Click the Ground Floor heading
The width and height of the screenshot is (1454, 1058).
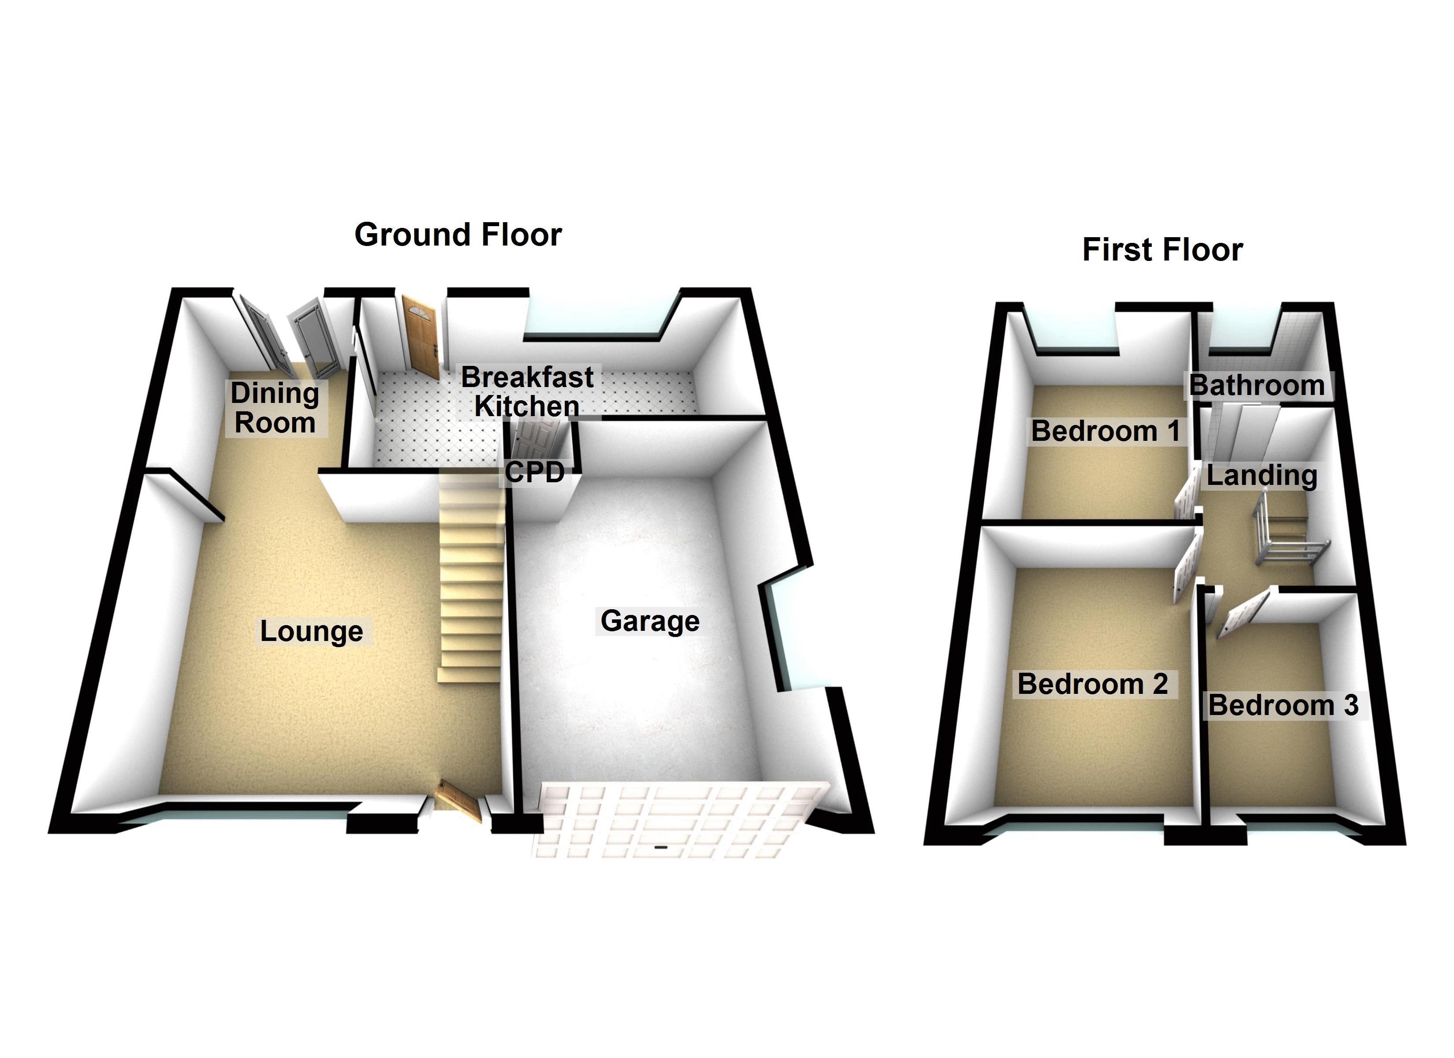(x=458, y=235)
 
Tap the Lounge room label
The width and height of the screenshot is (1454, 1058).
(x=312, y=631)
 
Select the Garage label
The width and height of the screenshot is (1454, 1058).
(x=649, y=621)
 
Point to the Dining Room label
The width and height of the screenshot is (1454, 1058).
(x=275, y=408)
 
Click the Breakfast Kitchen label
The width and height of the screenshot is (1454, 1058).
(x=527, y=391)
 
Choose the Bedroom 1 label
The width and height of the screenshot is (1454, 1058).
(x=1105, y=431)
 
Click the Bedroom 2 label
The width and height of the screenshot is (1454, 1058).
(x=1092, y=684)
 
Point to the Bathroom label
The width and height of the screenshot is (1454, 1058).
(x=1257, y=386)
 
